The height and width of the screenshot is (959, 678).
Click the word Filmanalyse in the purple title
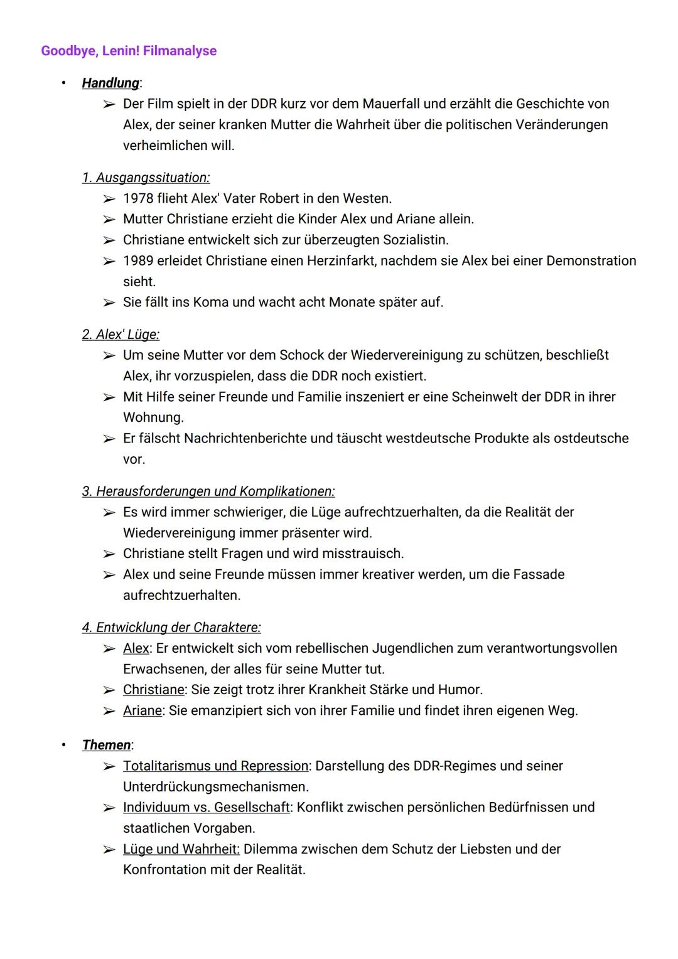point(180,51)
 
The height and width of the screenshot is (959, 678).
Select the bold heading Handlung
point(110,83)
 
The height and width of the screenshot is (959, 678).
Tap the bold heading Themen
point(106,745)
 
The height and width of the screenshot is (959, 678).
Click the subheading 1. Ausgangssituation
point(146,178)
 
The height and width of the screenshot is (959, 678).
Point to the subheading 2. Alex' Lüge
point(121,335)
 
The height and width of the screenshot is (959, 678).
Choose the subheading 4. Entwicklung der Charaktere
point(171,627)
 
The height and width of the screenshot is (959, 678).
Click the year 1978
point(137,198)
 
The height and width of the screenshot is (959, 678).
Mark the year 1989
point(137,260)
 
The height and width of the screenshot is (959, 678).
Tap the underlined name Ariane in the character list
point(142,710)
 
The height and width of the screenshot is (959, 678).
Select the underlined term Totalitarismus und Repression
point(215,766)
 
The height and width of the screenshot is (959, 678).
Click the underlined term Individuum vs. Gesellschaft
point(206,807)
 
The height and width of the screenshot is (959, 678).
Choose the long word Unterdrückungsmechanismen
point(214,786)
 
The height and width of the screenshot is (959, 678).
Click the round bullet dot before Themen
point(63,745)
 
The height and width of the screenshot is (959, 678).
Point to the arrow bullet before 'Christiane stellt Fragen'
point(109,554)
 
